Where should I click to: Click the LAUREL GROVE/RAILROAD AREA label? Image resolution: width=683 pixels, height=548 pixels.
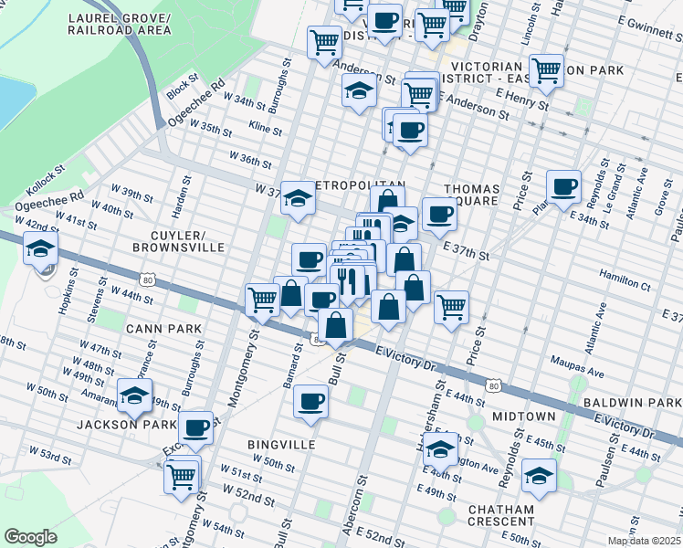point(119,24)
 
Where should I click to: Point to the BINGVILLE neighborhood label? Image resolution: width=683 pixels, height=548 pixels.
point(281,444)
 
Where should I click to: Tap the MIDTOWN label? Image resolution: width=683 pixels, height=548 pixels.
point(524,416)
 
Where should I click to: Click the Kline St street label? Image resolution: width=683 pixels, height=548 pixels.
point(265,130)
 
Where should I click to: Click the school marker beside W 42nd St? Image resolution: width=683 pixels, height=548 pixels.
point(40,248)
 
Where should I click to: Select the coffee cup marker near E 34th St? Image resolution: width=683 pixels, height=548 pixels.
point(563,186)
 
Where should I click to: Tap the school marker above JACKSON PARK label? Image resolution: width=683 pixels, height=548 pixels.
point(134,396)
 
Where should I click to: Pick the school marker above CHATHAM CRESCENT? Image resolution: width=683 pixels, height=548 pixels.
point(539,476)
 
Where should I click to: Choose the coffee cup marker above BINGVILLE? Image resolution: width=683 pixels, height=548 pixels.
point(310,401)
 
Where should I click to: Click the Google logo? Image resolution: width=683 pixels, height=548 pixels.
point(30,537)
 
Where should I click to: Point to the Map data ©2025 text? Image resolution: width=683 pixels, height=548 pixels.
point(644,541)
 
